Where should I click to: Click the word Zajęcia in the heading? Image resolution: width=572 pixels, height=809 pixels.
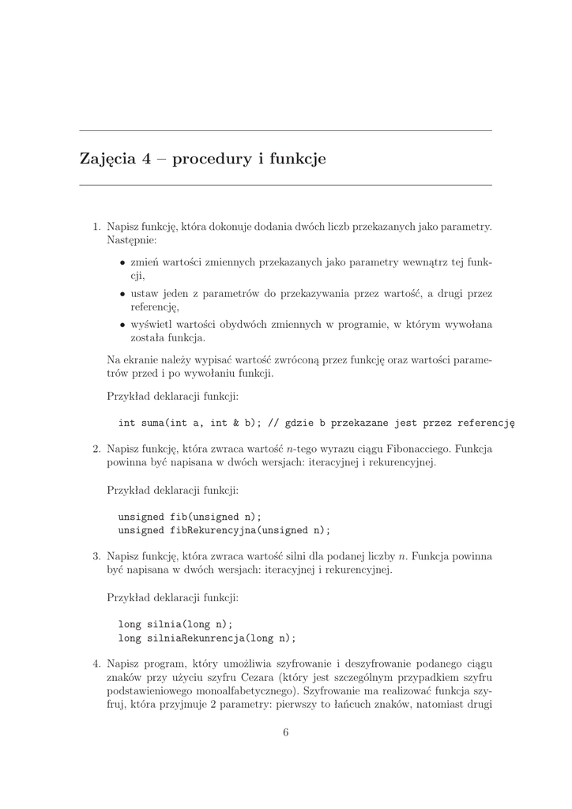click(x=108, y=160)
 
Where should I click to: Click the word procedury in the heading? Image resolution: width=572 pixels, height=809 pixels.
click(x=209, y=160)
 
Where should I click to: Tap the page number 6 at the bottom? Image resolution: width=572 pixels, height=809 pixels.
click(x=286, y=732)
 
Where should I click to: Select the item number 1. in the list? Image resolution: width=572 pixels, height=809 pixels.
click(x=97, y=227)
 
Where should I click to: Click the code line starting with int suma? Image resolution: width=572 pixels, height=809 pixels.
click(x=316, y=423)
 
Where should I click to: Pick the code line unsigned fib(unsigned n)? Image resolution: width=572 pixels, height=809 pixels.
click(x=190, y=517)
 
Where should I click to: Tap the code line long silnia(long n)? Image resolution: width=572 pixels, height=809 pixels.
click(x=175, y=623)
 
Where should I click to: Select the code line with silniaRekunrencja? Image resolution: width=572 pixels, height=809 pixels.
click(x=206, y=638)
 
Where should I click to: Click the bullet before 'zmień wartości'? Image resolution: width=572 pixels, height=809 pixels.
click(x=122, y=262)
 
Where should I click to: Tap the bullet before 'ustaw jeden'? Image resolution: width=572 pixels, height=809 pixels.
click(x=122, y=293)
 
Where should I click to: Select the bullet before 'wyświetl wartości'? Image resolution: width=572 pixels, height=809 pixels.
click(x=122, y=324)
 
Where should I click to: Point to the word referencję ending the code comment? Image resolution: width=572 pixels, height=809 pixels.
click(x=483, y=423)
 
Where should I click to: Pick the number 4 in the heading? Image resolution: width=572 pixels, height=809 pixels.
click(x=146, y=160)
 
